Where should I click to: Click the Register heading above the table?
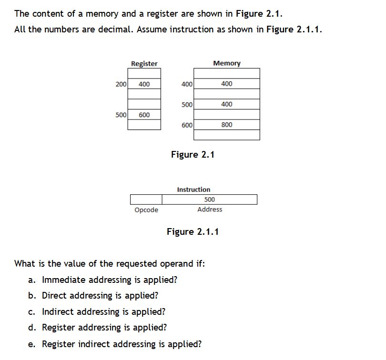(x=144, y=63)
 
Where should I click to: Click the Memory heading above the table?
(x=227, y=63)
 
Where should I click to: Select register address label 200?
(x=121, y=84)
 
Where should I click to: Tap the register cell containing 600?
(x=144, y=115)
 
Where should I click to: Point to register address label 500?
(x=121, y=115)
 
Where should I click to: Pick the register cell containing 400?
(x=144, y=84)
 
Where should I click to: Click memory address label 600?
(x=187, y=125)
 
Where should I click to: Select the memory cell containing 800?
(x=227, y=125)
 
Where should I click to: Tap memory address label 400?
(x=187, y=84)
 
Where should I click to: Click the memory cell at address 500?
(x=227, y=104)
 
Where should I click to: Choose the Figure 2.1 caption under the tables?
(x=193, y=154)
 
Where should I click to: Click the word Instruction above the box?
(x=193, y=190)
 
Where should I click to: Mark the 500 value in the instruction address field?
(x=209, y=200)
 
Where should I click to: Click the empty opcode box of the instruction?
(x=146, y=199)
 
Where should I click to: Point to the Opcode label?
(x=146, y=210)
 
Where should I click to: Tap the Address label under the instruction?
(x=210, y=210)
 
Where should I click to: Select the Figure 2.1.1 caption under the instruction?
(x=193, y=232)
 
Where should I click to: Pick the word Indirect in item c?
(x=58, y=312)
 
